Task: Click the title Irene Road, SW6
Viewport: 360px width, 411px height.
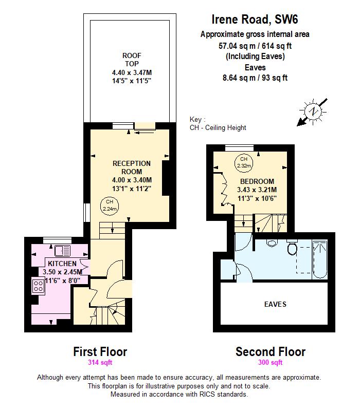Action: tap(255, 20)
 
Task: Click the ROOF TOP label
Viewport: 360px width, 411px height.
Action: tap(132, 59)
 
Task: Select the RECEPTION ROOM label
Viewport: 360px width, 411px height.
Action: tap(132, 167)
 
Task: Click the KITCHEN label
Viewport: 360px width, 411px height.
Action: tap(62, 264)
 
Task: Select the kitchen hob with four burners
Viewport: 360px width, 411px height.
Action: tap(39, 286)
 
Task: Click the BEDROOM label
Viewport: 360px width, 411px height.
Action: tap(257, 181)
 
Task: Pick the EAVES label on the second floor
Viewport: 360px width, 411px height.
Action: tap(275, 304)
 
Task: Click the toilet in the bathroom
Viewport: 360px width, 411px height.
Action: tap(292, 249)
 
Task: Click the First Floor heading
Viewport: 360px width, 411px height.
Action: tap(100, 352)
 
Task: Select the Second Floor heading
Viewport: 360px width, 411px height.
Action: tap(270, 352)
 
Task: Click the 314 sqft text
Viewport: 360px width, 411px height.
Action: tap(100, 363)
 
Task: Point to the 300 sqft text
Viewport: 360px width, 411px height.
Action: tap(270, 363)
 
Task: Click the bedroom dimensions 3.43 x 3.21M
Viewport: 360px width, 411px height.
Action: tap(257, 190)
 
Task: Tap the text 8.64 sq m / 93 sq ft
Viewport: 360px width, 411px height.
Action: tap(255, 78)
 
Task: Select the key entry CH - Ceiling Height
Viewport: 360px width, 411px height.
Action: tap(218, 127)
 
